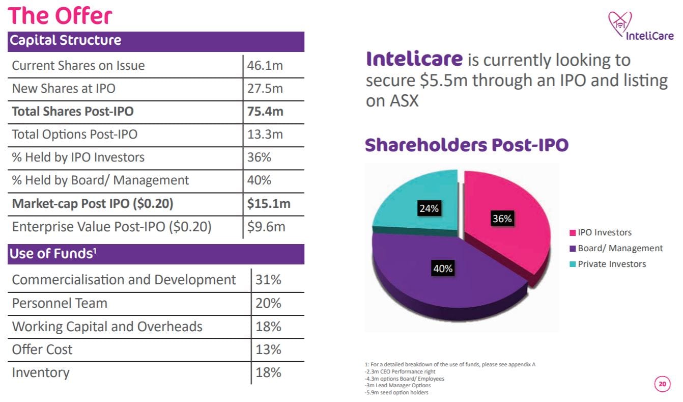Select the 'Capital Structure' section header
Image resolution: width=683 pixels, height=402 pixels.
(66, 40)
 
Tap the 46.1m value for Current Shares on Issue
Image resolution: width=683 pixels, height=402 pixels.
(264, 66)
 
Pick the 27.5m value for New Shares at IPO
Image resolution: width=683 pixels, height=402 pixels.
(264, 89)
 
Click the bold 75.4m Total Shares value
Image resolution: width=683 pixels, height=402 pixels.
(265, 112)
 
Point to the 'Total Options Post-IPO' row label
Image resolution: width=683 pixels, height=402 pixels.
(74, 135)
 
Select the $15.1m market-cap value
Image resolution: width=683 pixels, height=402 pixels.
(268, 204)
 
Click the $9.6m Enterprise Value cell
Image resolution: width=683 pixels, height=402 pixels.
(266, 227)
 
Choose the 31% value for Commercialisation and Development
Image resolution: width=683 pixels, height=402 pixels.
(268, 280)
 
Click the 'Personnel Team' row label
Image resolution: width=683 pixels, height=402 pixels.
(60, 303)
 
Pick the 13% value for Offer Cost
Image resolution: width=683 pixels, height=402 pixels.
(268, 350)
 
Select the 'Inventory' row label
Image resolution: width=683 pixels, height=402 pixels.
(41, 372)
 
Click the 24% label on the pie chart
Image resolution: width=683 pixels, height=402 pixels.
(429, 208)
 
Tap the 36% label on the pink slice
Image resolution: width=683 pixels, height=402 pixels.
(502, 219)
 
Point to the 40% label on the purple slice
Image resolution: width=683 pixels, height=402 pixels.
(443, 269)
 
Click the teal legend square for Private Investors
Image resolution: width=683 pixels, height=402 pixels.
(572, 264)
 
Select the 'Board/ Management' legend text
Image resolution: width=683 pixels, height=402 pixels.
(620, 248)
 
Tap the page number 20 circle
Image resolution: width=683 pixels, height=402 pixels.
(662, 384)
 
